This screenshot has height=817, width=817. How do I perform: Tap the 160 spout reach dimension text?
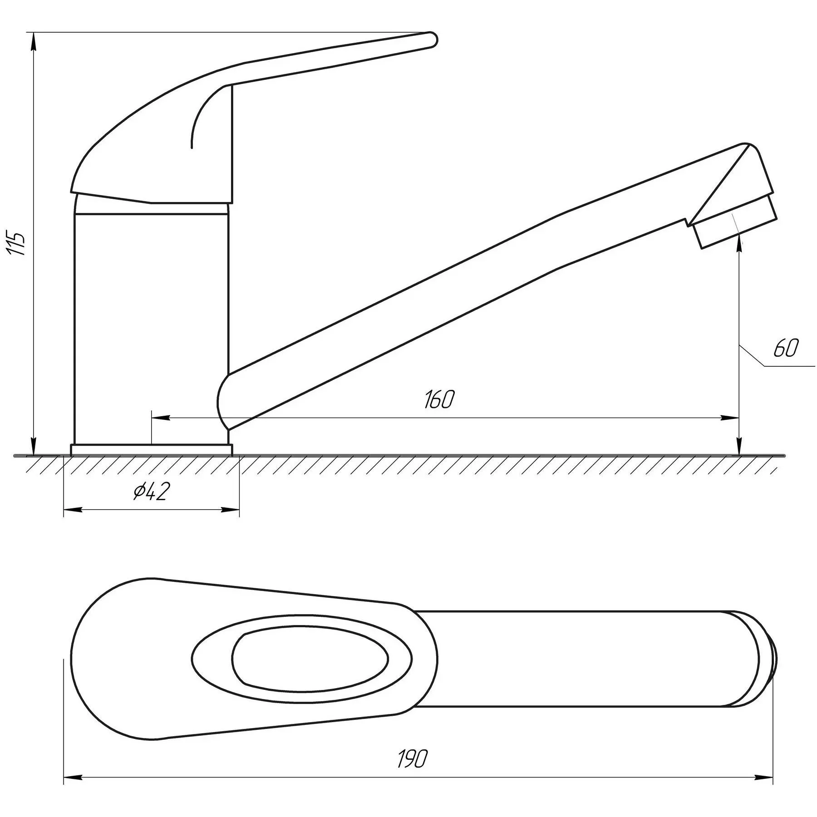[439, 399]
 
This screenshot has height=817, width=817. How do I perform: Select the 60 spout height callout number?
[785, 348]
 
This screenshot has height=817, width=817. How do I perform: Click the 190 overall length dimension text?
[413, 758]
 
